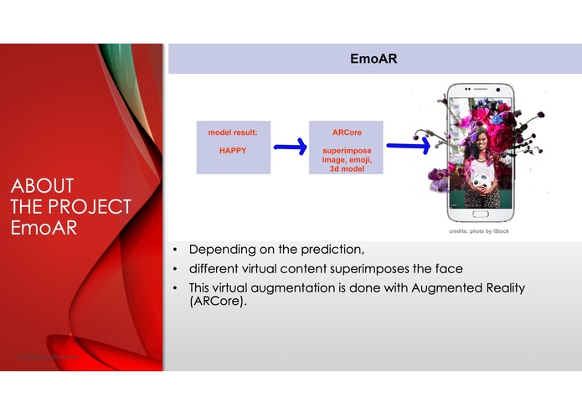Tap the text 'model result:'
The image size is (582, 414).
(x=233, y=132)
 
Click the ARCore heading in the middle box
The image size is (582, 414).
(x=346, y=132)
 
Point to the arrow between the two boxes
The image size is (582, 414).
(x=291, y=147)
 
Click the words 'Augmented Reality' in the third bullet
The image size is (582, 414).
(x=466, y=287)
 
